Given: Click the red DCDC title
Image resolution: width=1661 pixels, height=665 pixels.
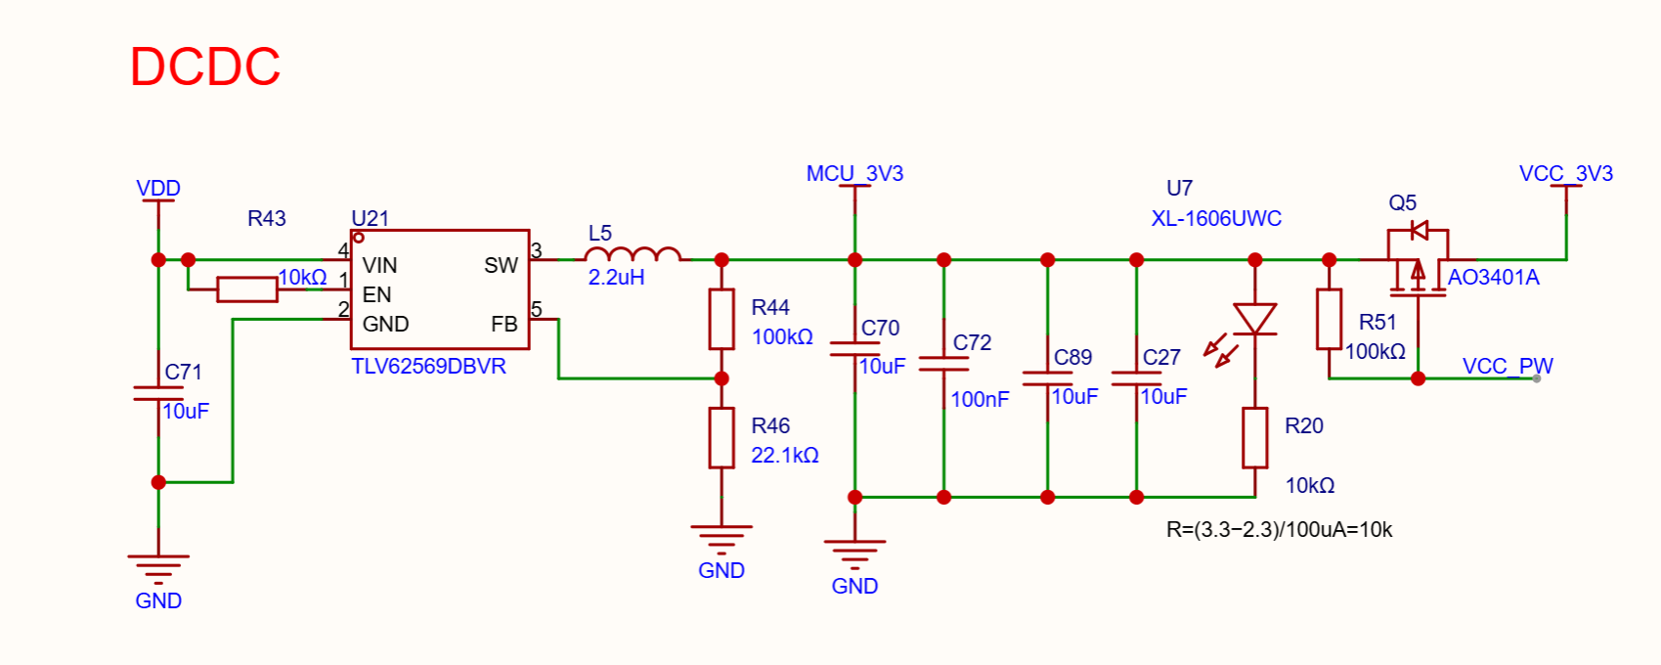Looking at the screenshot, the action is pos(205,66).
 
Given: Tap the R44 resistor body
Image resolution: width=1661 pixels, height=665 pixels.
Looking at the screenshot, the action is pos(721,319).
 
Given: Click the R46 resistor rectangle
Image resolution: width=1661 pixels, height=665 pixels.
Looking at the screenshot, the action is pos(721,437).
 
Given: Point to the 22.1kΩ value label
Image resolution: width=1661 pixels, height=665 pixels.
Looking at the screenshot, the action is pos(784,455).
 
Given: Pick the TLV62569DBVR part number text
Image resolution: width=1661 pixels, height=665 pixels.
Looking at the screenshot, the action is pos(428,366).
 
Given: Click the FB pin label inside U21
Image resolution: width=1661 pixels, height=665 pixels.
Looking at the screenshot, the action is pos(504,324).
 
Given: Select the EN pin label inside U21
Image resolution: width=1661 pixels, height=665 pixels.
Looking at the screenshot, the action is pos(376,294).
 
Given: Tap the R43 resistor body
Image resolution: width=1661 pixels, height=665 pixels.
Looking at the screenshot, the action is pos(247,289).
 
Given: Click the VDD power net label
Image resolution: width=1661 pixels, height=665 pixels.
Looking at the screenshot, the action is pos(158,189).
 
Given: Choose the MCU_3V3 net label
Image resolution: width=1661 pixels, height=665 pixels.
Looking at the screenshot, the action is pos(855,173).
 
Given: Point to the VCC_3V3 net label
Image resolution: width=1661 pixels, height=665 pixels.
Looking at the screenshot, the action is pos(1566,173).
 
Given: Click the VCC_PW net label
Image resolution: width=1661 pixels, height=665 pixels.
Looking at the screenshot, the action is pos(1508,366).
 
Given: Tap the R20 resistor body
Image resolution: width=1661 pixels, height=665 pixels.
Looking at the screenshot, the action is pos(1254,437).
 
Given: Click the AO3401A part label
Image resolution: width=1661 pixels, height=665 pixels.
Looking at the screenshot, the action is pos(1494,278).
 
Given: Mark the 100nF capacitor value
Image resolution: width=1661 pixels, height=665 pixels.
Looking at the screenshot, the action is pos(980,400).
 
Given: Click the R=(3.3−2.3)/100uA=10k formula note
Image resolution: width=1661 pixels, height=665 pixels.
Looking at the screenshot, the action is pos(1279,529).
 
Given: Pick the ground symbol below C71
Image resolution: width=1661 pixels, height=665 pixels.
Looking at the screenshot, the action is pos(158,567).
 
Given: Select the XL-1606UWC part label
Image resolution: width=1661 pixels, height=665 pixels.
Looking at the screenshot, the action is pos(1216,219).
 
